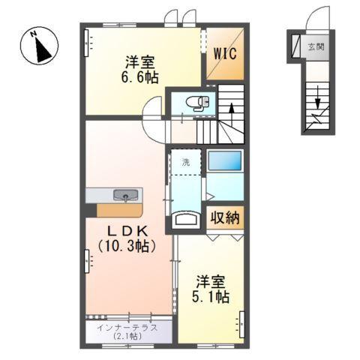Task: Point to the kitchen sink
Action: coord(124,196)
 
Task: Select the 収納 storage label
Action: coord(224,218)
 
